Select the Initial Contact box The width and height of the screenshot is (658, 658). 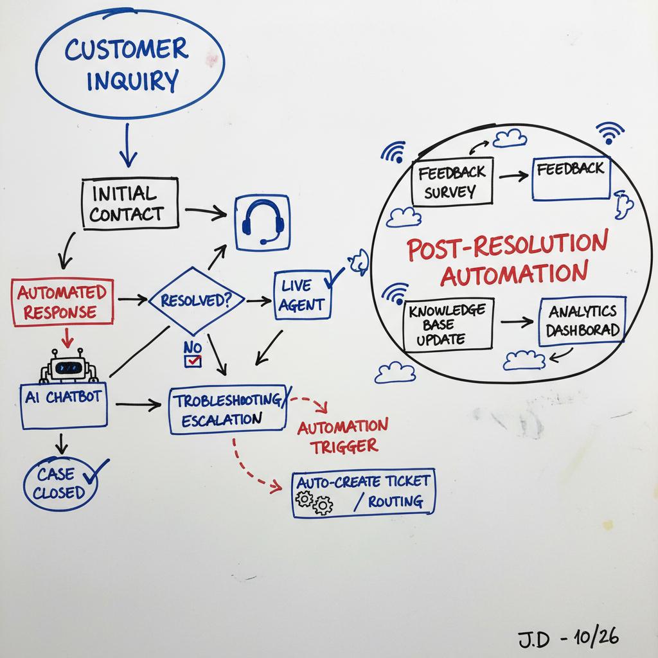(x=130, y=203)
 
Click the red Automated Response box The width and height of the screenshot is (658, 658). (x=62, y=303)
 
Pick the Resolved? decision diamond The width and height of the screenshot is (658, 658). (x=196, y=300)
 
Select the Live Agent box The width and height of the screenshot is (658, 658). (x=303, y=295)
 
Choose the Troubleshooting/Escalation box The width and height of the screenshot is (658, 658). (x=227, y=410)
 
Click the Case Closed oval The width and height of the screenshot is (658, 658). (x=60, y=484)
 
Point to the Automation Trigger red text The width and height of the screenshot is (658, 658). (x=342, y=435)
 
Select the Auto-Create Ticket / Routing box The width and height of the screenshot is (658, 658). (x=363, y=493)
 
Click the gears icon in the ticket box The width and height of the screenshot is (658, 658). (x=316, y=502)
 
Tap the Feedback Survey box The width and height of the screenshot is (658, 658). (x=452, y=181)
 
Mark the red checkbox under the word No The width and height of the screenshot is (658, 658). (x=192, y=362)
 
